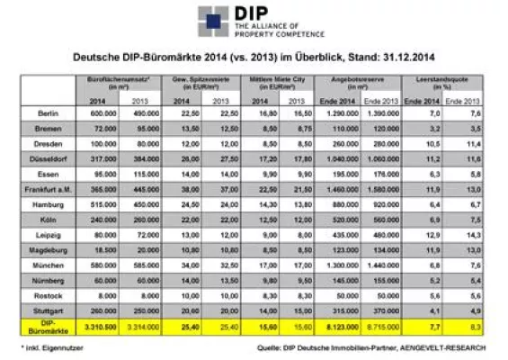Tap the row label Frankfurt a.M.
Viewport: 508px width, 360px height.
pyautogui.click(x=49, y=191)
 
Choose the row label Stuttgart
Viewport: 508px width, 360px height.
pyautogui.click(x=49, y=306)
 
